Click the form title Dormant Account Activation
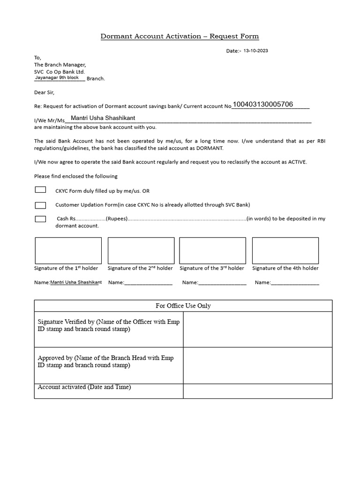pyautogui.click(x=180, y=36)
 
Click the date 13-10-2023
pyautogui.click(x=256, y=51)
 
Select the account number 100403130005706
pyautogui.click(x=263, y=104)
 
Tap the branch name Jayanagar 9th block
pyautogui.click(x=57, y=77)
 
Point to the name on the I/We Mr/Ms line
pyautogui.click(x=103, y=118)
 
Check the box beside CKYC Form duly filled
pyautogui.click(x=40, y=190)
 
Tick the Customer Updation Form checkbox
pyautogui.click(x=40, y=205)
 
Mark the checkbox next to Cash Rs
pyautogui.click(x=40, y=219)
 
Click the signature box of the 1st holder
pyautogui.click(x=68, y=250)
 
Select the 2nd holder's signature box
pyautogui.click(x=141, y=250)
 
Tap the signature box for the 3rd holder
pyautogui.click(x=212, y=250)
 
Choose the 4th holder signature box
pyautogui.click(x=285, y=250)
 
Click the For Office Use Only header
pyautogui.click(x=183, y=306)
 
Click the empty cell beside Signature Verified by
pyautogui.click(x=257, y=329)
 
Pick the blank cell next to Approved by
pyautogui.click(x=257, y=365)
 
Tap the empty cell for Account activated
pyautogui.click(x=257, y=390)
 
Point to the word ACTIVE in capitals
pyautogui.click(x=296, y=162)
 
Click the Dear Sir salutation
pyautogui.click(x=45, y=92)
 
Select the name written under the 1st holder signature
pyautogui.click(x=76, y=282)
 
